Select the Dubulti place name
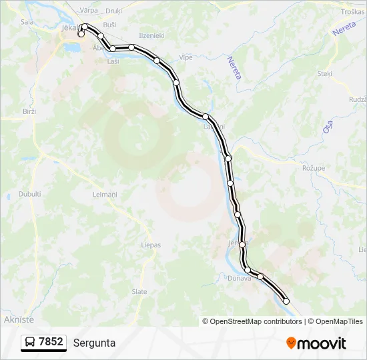(30, 194)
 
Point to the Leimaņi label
(105, 194)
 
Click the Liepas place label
(151, 245)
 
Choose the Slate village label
(139, 291)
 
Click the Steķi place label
(325, 73)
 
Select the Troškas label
(353, 11)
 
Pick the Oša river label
(328, 125)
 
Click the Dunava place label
(238, 278)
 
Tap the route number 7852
(51, 342)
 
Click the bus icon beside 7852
(31, 343)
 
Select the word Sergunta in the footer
(94, 343)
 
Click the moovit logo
(316, 343)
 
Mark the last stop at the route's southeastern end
(286, 301)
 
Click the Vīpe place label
(186, 57)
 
